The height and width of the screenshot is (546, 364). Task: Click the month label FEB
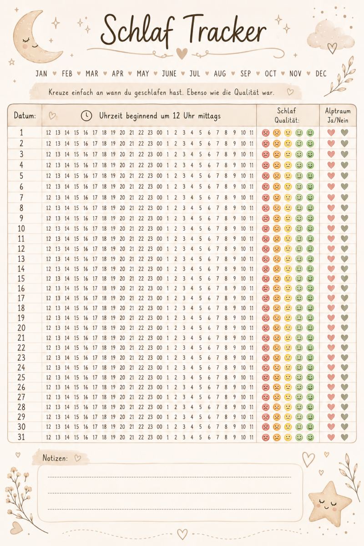click(67, 73)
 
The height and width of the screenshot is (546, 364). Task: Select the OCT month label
click(271, 73)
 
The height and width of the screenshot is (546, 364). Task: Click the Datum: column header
click(25, 115)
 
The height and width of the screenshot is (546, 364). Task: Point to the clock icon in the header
click(86, 116)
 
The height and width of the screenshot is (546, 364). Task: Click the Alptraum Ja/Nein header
click(338, 115)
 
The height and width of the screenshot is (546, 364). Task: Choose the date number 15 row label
click(21, 278)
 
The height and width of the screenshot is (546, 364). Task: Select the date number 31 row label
click(21, 437)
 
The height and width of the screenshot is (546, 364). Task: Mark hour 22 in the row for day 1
click(141, 132)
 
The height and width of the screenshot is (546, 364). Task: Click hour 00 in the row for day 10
click(159, 228)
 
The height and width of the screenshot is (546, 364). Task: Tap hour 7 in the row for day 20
click(217, 328)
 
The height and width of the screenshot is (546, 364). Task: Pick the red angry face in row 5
click(266, 176)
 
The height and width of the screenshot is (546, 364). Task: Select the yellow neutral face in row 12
click(288, 249)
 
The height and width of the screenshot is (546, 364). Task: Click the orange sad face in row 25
click(277, 377)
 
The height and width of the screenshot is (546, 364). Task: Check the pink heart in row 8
click(331, 208)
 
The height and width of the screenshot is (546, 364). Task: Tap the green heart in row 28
click(344, 407)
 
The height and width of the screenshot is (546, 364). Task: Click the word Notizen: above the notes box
click(55, 458)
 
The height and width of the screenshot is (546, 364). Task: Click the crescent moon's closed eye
click(26, 39)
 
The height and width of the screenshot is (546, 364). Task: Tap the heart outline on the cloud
click(332, 48)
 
